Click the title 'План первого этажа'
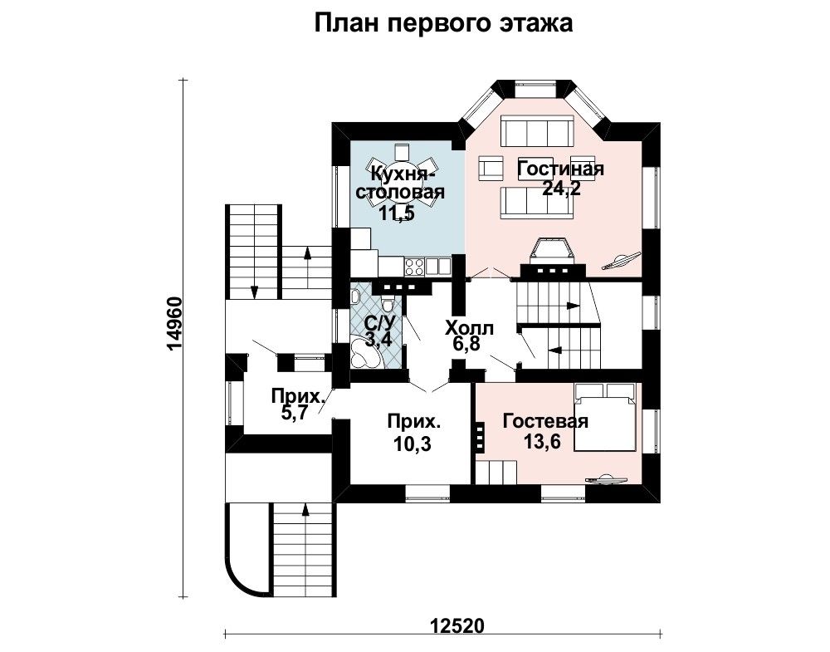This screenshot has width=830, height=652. point(443,24)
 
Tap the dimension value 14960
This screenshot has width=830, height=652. point(174,324)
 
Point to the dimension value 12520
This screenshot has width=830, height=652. point(456,625)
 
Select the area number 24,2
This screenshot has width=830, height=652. point(561,189)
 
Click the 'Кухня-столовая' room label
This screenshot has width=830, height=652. point(400,182)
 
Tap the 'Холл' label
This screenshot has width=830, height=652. point(469,328)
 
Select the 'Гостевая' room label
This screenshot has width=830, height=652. point(545,421)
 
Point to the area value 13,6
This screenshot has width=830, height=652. point(542,441)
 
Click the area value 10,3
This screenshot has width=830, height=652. point(413,444)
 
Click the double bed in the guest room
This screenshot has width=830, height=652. point(605,416)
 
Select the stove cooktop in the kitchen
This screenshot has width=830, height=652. point(414,266)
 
